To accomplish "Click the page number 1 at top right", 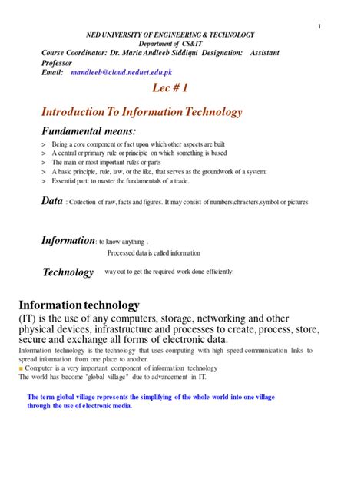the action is point(318,27).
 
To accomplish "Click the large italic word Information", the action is point(67,240).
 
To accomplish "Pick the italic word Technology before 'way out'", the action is point(68,272).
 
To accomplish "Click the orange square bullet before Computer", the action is point(22,368).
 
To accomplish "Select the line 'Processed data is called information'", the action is point(154,252).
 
